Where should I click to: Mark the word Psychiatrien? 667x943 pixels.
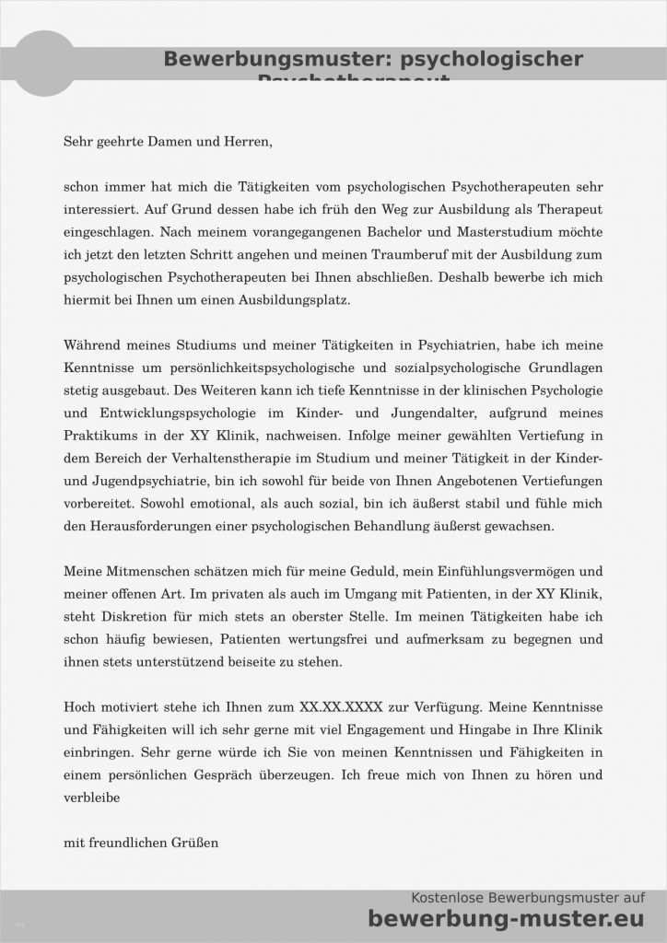coord(458,344)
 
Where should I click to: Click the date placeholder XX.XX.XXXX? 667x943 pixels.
coord(345,706)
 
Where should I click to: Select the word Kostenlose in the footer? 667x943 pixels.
coord(446,898)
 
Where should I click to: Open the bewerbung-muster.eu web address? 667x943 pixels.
coord(506,918)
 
